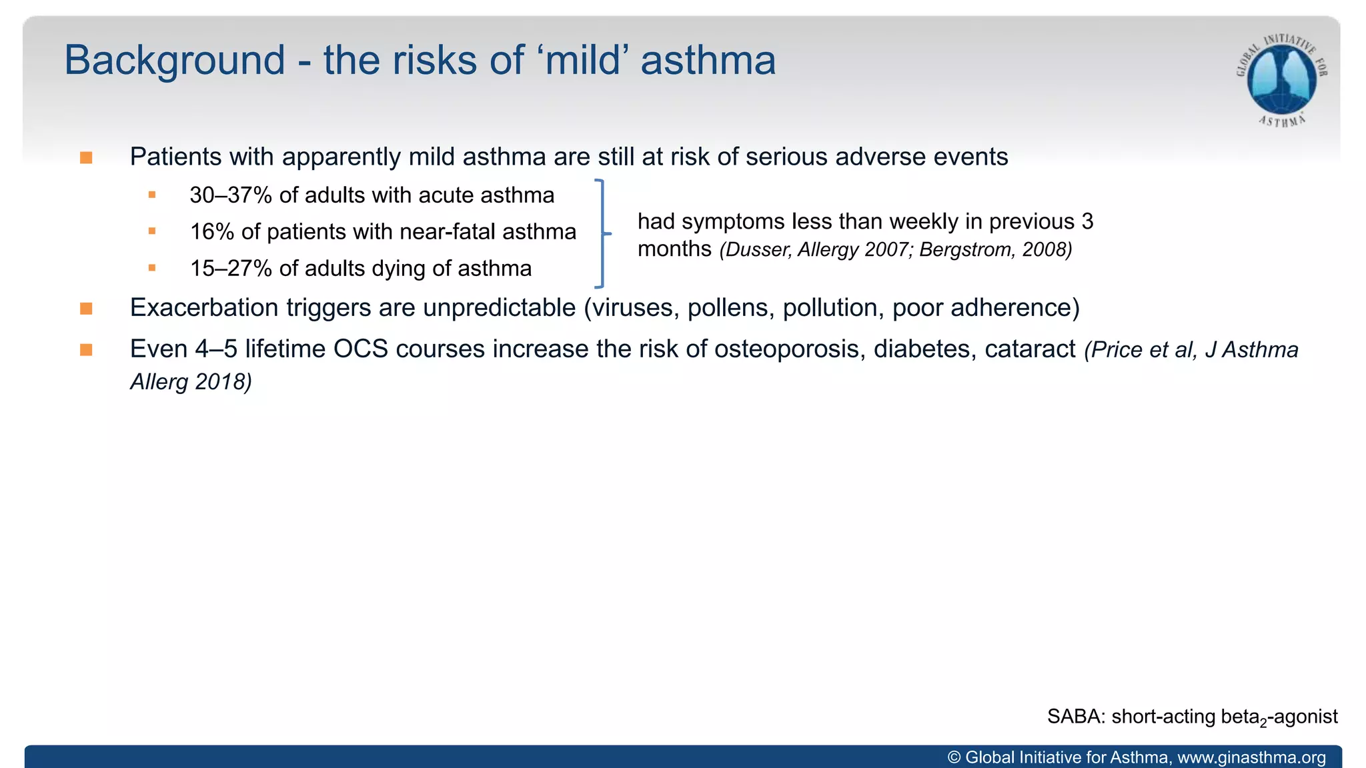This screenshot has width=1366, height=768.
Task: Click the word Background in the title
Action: [175, 61]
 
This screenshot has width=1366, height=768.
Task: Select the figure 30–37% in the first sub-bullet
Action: [230, 195]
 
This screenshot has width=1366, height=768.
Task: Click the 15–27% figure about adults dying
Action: [231, 269]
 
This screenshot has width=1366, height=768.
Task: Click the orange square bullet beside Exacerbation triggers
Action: [86, 309]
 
